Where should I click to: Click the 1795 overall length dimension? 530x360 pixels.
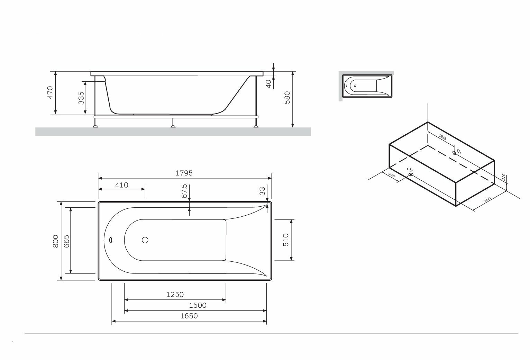click(184, 173)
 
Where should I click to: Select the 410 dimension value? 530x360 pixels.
click(121, 185)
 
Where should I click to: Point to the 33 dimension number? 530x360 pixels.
click(262, 191)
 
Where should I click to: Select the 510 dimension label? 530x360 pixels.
click(286, 240)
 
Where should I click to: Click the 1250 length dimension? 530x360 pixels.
click(175, 295)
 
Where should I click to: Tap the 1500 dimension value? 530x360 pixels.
click(198, 305)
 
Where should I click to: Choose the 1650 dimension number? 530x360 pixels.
click(189, 316)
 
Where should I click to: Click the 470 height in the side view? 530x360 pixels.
click(50, 93)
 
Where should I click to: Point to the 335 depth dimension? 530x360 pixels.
click(81, 98)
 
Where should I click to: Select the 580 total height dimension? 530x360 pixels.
click(287, 98)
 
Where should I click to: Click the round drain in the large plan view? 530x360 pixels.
click(145, 240)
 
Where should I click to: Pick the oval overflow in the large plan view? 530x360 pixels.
click(110, 240)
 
